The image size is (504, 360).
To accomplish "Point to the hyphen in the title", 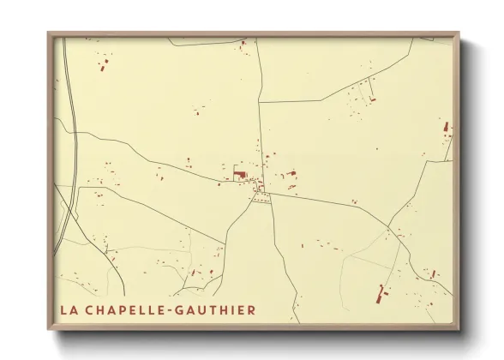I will point(177,310).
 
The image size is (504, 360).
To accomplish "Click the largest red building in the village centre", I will point(239,175).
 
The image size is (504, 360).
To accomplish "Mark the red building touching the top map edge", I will point(243,42).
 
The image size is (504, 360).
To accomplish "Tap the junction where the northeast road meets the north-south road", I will point(260,103).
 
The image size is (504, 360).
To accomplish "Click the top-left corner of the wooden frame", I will point(50,34).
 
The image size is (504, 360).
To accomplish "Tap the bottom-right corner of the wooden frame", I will point(458,330).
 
